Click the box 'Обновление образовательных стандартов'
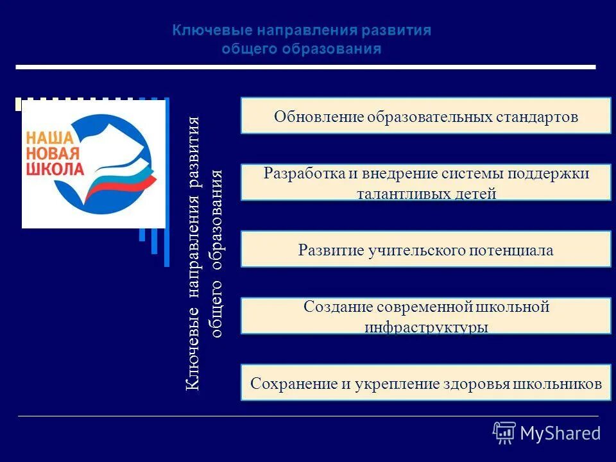(x=425, y=116)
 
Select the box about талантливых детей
(x=425, y=182)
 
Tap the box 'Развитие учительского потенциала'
(x=425, y=250)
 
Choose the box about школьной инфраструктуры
(x=425, y=316)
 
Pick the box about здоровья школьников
(x=425, y=383)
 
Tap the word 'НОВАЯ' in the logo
(x=53, y=154)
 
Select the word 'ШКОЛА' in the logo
(x=55, y=169)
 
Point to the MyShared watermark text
(x=560, y=433)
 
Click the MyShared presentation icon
(x=504, y=433)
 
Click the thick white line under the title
(x=305, y=67)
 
